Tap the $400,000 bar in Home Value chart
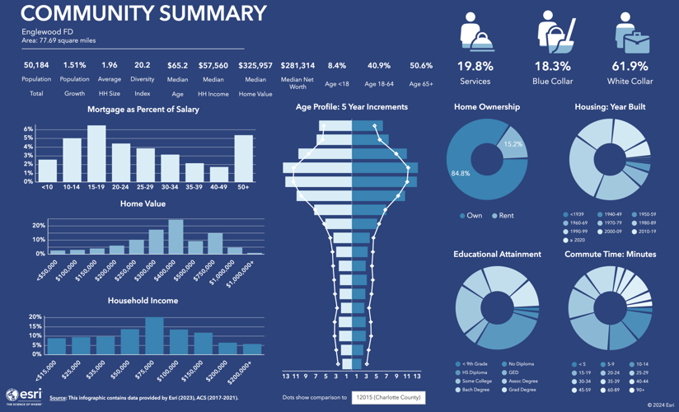click(x=176, y=237)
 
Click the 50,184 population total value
click(x=36, y=66)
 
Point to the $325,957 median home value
click(x=255, y=66)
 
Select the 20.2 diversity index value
click(x=142, y=66)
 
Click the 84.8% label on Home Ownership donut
click(x=461, y=174)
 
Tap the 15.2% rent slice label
click(x=513, y=144)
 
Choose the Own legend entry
click(x=471, y=216)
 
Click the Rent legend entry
click(x=502, y=216)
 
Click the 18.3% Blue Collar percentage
click(x=552, y=67)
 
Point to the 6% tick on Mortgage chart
click(x=28, y=129)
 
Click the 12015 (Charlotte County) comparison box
click(x=388, y=397)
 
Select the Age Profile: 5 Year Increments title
click(x=352, y=107)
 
